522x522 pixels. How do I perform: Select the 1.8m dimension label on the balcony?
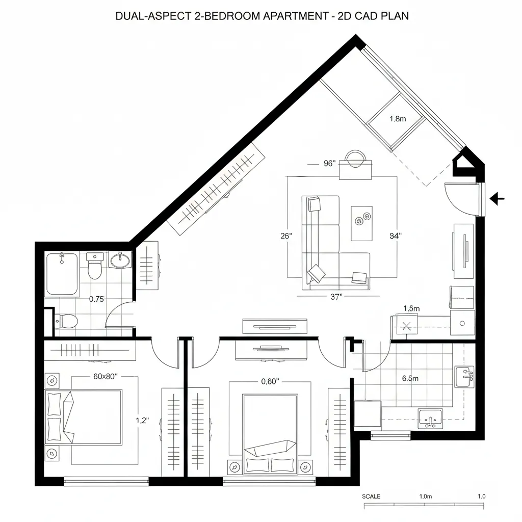click(397, 119)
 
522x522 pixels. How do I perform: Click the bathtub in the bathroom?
click(62, 274)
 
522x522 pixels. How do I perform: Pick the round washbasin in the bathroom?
click(121, 260)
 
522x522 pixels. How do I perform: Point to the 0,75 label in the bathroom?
click(96, 299)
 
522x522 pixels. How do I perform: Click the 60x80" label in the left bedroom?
click(106, 376)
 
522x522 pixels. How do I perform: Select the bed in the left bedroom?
click(84, 416)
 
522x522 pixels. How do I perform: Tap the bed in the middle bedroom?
click(270, 433)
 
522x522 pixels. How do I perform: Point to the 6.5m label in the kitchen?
click(410, 378)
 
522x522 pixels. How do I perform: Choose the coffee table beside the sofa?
click(361, 223)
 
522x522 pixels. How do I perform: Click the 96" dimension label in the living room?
click(329, 164)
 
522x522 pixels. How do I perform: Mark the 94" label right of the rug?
click(395, 236)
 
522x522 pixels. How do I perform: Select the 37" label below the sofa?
click(335, 298)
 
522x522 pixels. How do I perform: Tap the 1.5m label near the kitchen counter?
click(411, 308)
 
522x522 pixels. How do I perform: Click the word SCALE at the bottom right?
click(371, 497)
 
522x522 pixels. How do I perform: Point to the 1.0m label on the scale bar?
click(425, 497)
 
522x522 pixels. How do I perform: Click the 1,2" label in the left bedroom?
click(142, 421)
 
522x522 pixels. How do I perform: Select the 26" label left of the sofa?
click(286, 236)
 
